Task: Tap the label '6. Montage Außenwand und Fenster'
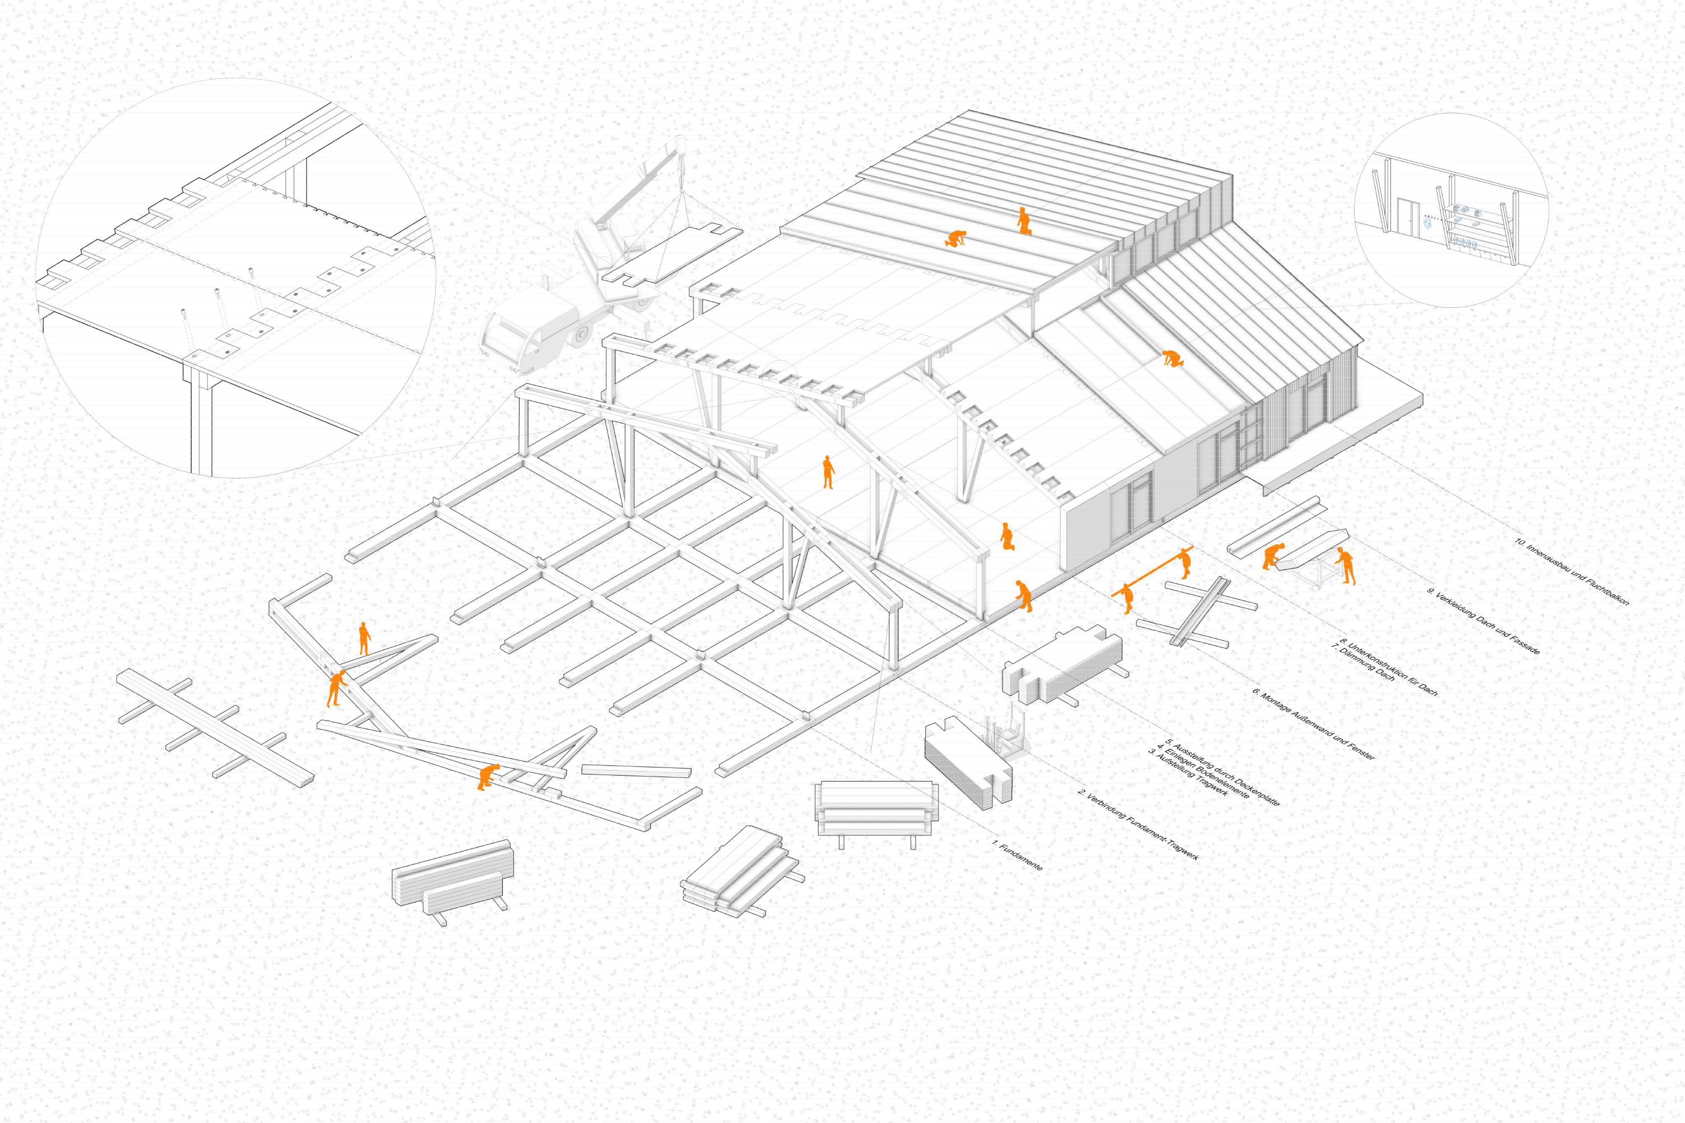click(x=1314, y=724)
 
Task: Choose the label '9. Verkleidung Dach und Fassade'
click(x=1483, y=621)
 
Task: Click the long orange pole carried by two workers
click(x=1152, y=571)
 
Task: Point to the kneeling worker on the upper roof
click(x=955, y=239)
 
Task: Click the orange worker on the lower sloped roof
click(x=1171, y=358)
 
